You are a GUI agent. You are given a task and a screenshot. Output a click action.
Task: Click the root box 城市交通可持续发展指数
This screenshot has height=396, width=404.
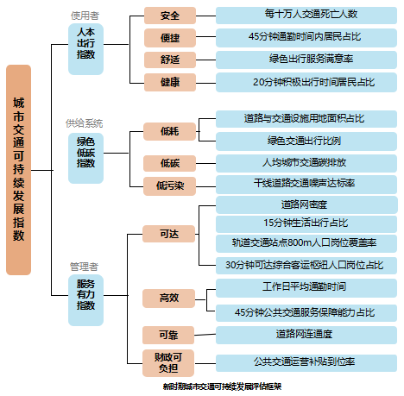pos(30,170)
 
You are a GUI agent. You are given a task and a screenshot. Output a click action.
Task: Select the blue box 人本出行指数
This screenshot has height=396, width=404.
pos(85,41)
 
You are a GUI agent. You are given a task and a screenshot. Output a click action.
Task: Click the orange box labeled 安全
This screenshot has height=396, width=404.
pos(170,16)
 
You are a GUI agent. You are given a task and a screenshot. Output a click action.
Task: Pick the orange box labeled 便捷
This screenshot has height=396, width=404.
pos(170,38)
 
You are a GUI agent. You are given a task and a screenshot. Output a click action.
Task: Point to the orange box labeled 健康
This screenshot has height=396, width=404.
pos(170,82)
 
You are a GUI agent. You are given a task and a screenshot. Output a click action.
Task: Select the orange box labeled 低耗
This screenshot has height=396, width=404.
pos(170,130)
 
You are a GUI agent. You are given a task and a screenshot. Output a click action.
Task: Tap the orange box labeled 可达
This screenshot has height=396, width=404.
pos(170,233)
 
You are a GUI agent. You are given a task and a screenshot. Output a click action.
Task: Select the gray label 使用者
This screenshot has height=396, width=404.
pos(85,15)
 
